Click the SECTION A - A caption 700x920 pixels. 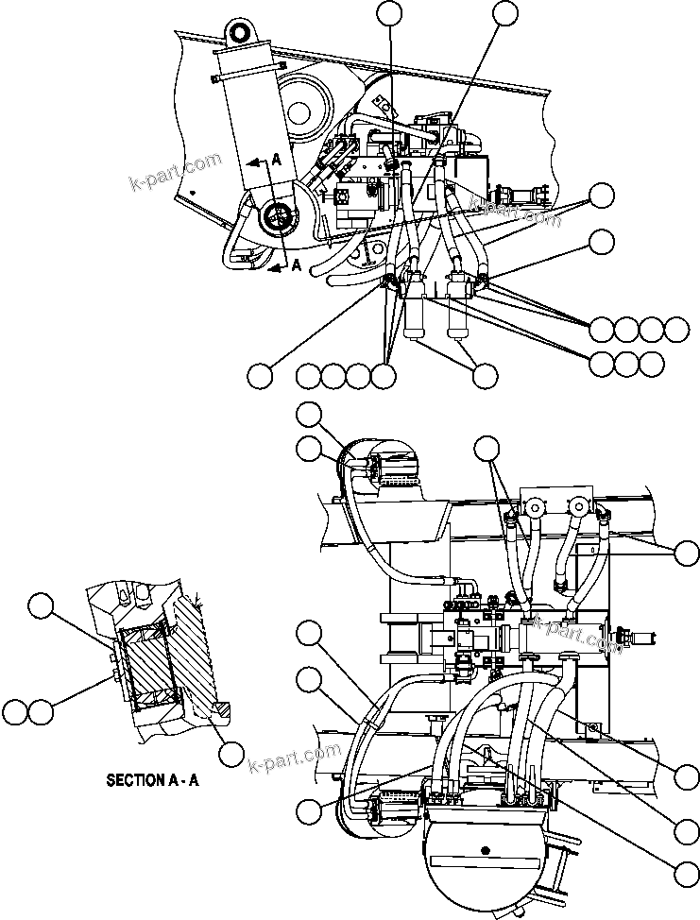pos(152,780)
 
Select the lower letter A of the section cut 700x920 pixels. pos(296,265)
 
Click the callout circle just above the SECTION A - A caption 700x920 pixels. pos(230,753)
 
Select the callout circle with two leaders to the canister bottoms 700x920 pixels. pos(485,375)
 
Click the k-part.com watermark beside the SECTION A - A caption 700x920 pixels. pos(294,758)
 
